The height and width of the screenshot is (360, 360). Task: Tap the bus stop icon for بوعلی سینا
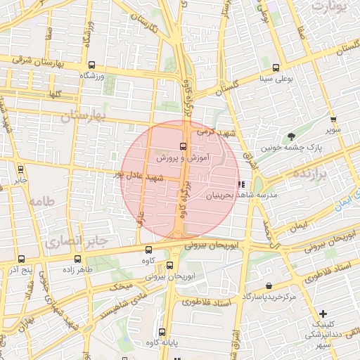[276, 69]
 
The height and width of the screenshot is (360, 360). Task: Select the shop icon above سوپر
[333, 120]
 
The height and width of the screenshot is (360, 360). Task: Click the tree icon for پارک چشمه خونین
[291, 136]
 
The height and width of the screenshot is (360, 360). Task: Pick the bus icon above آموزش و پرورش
[183, 146]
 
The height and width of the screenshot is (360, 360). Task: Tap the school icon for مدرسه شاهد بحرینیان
[242, 184]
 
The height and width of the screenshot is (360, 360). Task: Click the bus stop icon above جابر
[20, 169]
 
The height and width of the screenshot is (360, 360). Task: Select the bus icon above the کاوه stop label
[148, 249]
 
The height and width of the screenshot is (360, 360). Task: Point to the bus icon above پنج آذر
[20, 259]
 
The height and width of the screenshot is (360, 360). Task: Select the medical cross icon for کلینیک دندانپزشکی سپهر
[323, 313]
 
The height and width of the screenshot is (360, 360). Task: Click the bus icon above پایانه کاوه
[162, 332]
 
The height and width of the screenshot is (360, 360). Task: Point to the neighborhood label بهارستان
[83, 115]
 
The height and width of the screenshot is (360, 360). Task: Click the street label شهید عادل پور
[141, 176]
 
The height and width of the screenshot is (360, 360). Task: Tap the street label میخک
[122, 285]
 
